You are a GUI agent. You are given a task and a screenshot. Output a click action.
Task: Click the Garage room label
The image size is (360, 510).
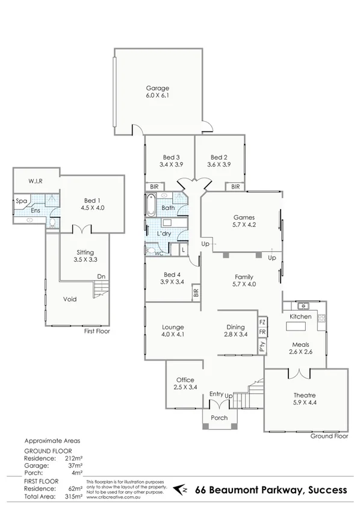157,87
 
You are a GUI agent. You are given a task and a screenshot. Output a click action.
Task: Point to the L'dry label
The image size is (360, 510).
164,233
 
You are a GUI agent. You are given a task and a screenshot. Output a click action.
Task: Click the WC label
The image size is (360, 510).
158,253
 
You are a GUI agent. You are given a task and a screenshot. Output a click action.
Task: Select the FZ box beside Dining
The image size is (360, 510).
262,322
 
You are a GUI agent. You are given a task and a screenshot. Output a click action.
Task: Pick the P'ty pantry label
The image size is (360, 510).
262,346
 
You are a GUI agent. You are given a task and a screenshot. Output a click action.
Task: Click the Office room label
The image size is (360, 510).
185,380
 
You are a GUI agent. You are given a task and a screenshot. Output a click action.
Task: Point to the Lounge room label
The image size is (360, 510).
173,327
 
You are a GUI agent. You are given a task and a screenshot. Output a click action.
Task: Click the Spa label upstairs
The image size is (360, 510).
20,201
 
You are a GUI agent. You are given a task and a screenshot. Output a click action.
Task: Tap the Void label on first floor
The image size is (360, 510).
70,299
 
